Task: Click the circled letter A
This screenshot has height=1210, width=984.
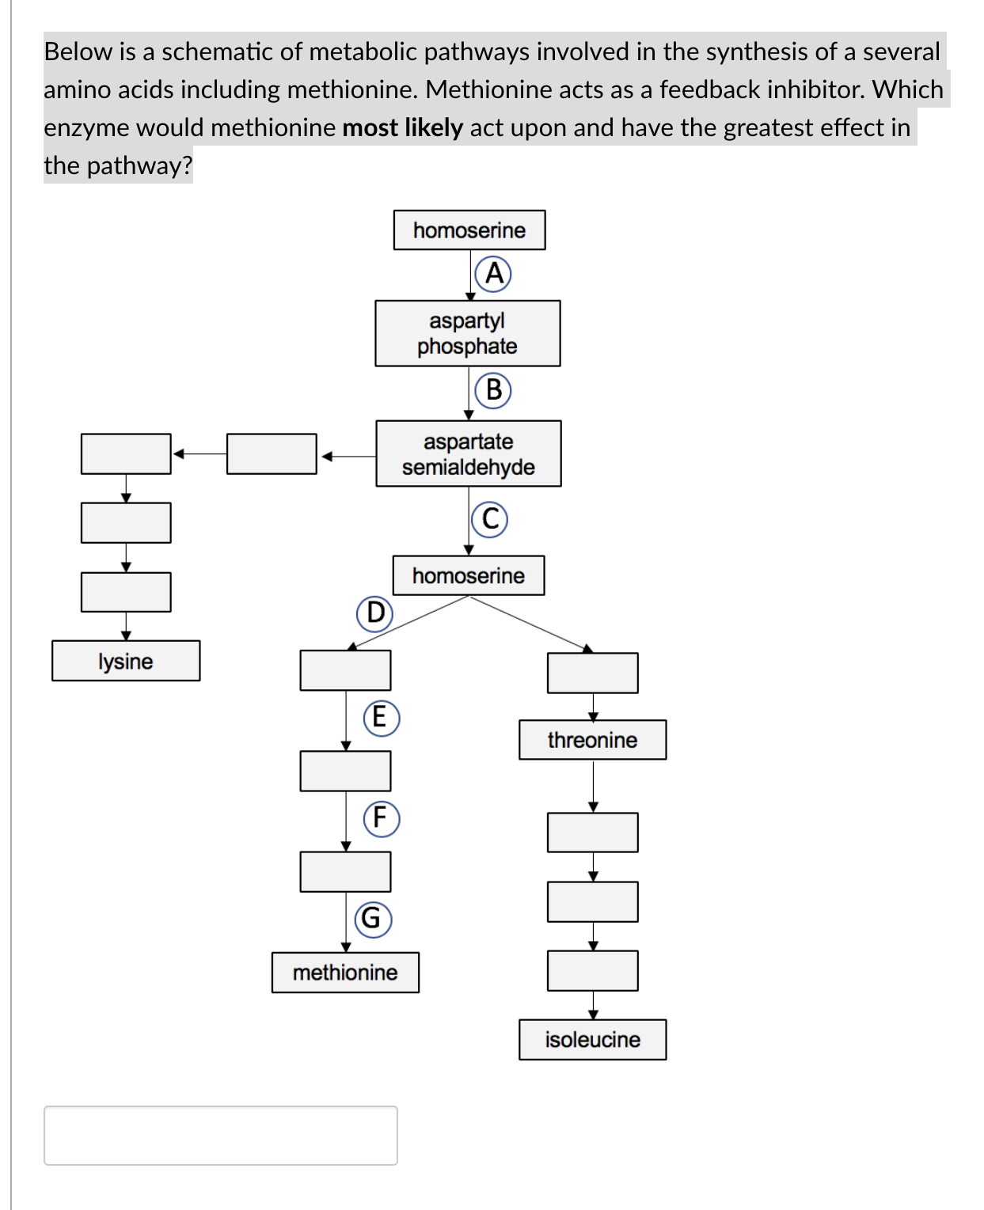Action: click(x=493, y=274)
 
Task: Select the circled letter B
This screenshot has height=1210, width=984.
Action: click(x=493, y=390)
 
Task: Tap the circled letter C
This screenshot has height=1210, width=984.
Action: click(x=490, y=520)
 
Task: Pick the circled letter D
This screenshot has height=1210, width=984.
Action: click(x=374, y=613)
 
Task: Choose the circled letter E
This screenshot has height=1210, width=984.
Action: click(x=381, y=718)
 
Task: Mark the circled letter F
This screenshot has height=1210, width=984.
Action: click(x=381, y=818)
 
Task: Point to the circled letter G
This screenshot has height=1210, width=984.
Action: click(x=373, y=919)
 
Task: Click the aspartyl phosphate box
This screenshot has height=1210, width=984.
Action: click(x=467, y=333)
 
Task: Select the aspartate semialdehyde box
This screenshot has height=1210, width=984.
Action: click(x=468, y=453)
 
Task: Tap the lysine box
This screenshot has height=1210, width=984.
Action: click(x=126, y=661)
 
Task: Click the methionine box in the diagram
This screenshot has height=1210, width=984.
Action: click(x=345, y=973)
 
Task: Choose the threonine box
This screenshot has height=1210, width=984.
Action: click(x=592, y=740)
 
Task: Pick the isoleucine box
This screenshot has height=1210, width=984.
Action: click(x=592, y=1040)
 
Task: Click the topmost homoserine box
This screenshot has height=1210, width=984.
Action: click(x=469, y=230)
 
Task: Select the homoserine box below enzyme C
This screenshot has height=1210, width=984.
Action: click(x=469, y=575)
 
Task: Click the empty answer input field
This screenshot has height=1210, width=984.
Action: click(x=221, y=1136)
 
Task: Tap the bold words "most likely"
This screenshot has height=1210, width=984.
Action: click(x=402, y=127)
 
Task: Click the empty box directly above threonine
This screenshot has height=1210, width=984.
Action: click(x=592, y=673)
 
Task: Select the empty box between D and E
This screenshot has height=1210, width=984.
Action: click(x=345, y=670)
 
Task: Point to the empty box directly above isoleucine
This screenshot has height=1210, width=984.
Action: click(x=592, y=971)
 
